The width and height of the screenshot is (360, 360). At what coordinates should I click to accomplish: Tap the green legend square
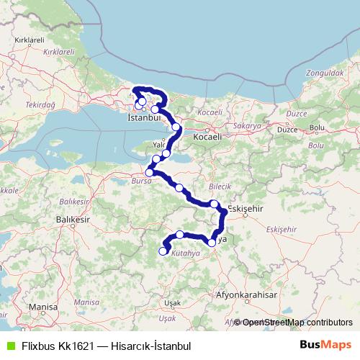[9, 346]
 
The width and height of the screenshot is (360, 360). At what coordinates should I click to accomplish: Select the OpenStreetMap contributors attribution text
[297, 323]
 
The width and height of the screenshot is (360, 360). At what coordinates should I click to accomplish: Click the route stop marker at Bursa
[150, 172]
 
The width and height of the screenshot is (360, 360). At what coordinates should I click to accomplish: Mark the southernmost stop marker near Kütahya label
[163, 251]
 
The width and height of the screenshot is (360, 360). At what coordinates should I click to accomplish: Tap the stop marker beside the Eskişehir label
[215, 204]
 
